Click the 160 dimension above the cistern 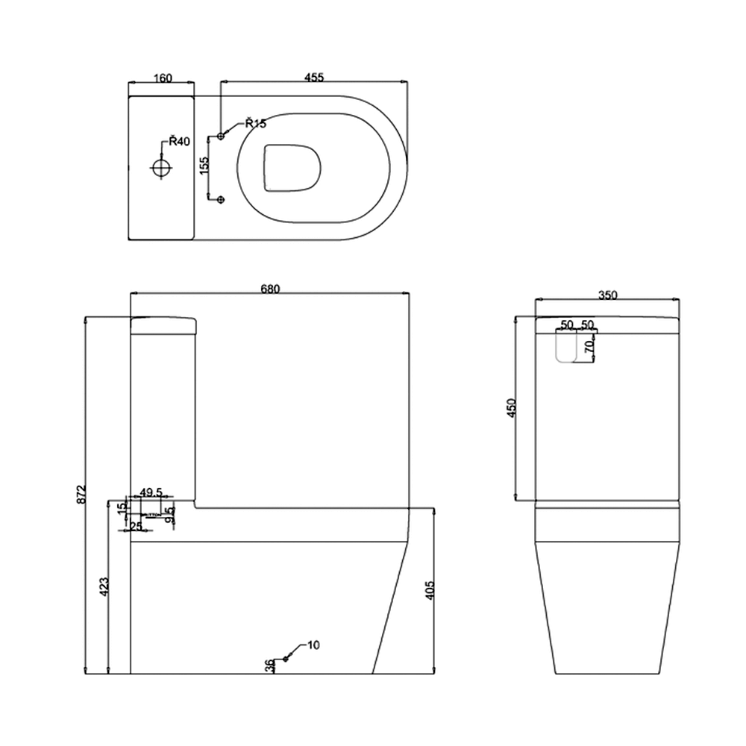(162, 78)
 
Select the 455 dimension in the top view (313, 78)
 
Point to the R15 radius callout (255, 124)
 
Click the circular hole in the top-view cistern (160, 168)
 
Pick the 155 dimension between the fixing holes (204, 165)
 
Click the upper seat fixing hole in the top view (220, 136)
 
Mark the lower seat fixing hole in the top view (220, 199)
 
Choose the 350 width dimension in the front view (607, 295)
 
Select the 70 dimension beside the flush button (589, 347)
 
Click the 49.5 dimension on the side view (151, 492)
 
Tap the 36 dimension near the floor (269, 666)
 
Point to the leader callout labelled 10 (313, 644)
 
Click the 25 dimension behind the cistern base (136, 527)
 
